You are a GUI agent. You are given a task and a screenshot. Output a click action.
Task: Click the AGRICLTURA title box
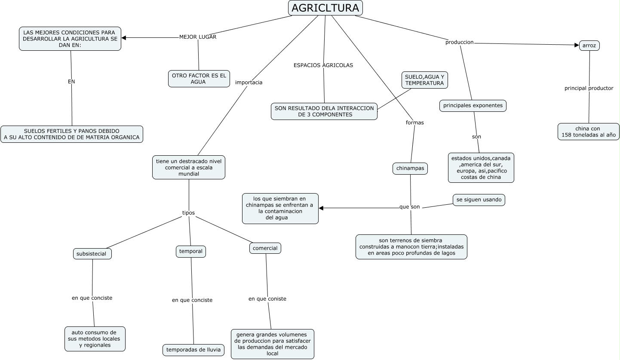[325, 8]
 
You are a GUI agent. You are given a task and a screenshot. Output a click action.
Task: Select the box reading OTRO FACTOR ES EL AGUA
[199, 79]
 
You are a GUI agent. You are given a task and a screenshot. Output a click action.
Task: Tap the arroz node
[589, 46]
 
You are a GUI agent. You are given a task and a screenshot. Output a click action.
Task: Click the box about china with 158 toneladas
[588, 132]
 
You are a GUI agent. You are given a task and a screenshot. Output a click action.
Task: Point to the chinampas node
[410, 169]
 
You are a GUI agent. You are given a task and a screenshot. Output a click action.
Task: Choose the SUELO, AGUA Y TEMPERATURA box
[424, 80]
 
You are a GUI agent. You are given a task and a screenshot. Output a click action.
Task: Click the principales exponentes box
[473, 106]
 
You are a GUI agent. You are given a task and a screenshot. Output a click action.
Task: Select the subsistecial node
[92, 254]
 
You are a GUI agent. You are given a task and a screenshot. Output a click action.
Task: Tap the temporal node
[190, 252]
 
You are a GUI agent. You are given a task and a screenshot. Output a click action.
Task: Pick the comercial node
[265, 248]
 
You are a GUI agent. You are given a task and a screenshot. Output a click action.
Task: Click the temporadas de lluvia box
[193, 350]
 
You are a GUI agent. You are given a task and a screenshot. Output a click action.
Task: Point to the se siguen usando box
[479, 200]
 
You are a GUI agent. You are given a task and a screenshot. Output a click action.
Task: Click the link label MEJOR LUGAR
[198, 37]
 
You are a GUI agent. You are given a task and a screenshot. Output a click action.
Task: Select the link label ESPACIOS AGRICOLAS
[323, 65]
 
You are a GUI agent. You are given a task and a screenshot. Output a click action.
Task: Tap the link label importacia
[249, 83]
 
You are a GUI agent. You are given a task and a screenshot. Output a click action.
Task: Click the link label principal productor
[589, 89]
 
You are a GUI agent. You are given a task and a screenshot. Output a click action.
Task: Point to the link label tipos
[188, 213]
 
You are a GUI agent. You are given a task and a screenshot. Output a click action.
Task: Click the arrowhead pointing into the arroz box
[577, 45]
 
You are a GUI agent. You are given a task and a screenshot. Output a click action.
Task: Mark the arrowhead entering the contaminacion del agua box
[321, 209]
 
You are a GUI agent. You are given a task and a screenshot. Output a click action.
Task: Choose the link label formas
[414, 123]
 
